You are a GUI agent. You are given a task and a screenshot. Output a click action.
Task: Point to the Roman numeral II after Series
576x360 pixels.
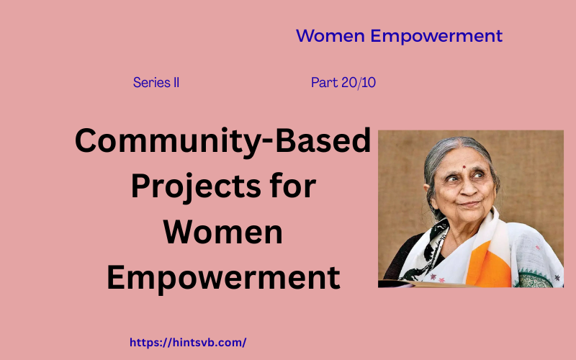coord(175,83)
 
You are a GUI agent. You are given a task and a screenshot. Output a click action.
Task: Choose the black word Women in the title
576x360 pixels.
coord(222,233)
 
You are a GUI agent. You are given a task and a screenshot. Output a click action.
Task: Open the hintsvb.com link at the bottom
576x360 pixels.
coord(188,343)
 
